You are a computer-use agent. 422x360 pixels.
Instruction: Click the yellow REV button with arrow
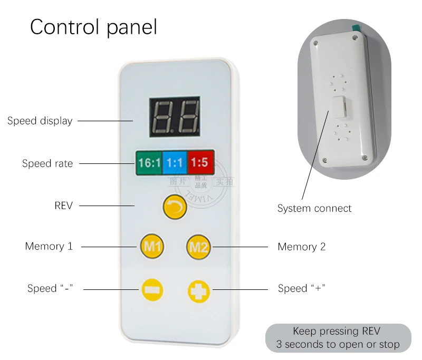175,207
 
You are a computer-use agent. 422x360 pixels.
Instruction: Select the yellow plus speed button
199,290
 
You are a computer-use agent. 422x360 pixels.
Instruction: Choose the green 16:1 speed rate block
149,163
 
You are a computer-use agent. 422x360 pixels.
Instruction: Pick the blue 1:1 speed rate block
175,163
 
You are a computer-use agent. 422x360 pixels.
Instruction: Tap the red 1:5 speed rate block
199,163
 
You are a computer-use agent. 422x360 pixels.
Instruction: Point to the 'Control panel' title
93,27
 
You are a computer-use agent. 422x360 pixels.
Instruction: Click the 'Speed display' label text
40,121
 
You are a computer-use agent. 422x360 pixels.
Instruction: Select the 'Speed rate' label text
47,163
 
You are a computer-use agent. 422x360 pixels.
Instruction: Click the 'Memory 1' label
49,246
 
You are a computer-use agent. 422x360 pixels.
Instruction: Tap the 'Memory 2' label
302,247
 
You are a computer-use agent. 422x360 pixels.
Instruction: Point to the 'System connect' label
314,208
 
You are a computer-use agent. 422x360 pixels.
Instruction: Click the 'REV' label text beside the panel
63,206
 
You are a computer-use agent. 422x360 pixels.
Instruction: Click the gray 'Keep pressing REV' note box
338,338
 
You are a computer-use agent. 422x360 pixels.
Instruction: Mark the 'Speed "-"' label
50,289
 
